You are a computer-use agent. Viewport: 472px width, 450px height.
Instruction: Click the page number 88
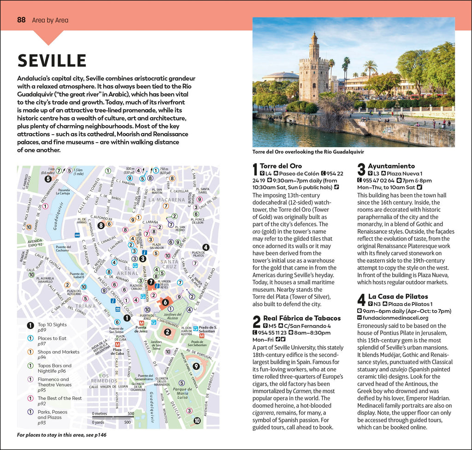[x=21, y=20]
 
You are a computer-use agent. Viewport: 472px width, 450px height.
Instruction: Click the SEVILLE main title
[x=52, y=61]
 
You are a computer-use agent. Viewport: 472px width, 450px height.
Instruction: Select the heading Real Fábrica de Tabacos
[x=302, y=318]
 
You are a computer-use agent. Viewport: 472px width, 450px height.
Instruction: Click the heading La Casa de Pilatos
[x=398, y=296]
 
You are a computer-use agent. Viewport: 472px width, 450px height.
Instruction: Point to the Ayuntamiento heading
[x=391, y=166]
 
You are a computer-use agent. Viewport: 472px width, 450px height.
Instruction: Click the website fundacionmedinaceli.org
[x=395, y=318]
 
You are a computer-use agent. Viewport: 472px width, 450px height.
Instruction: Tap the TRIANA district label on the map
[x=86, y=305]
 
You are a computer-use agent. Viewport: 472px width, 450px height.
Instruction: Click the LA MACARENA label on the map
[x=166, y=200]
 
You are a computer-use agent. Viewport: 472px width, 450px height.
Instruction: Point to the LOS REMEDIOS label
[x=104, y=378]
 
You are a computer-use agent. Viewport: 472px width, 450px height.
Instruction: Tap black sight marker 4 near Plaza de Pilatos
[x=206, y=247]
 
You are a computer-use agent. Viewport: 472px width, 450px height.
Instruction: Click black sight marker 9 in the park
[x=196, y=366]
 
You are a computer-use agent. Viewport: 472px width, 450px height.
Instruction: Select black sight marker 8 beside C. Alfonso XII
[x=101, y=225]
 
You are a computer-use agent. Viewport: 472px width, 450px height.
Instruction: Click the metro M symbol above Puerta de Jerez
[x=142, y=323]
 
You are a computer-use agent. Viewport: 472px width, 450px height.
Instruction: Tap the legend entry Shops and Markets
[x=58, y=352]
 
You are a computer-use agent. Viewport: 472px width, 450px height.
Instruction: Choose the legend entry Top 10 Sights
[x=52, y=324]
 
